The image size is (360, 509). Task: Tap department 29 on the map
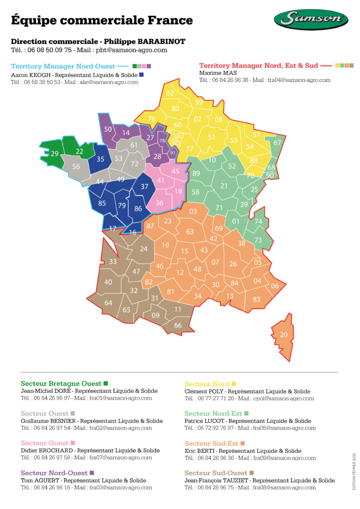pyautogui.click(x=55, y=154)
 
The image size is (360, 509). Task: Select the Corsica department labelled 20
pyautogui.click(x=283, y=335)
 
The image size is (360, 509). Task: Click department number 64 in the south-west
pyautogui.click(x=108, y=303)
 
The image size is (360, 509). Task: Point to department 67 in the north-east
pyautogui.click(x=277, y=143)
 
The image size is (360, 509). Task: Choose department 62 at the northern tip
pyautogui.click(x=170, y=93)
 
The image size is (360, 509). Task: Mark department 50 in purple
pyautogui.click(x=108, y=129)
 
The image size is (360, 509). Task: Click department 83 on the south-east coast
pyautogui.click(x=257, y=299)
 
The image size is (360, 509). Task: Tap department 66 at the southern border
pyautogui.click(x=178, y=325)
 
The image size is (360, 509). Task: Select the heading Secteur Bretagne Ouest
pyautogui.click(x=61, y=384)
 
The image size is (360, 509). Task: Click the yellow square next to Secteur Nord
pyautogui.click(x=234, y=384)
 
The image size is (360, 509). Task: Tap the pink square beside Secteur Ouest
pyautogui.click(x=73, y=443)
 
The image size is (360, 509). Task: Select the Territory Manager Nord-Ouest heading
pyautogui.click(x=63, y=66)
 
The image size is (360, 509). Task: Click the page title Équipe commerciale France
pyautogui.click(x=102, y=20)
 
